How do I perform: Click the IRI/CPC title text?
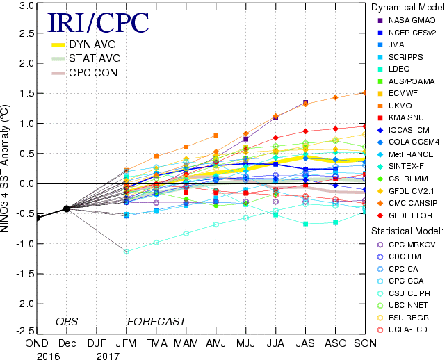coord(97,24)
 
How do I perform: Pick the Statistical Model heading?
coord(405,230)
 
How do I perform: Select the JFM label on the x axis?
coord(126,343)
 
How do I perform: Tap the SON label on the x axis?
coord(366,343)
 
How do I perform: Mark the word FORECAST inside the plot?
coord(156,322)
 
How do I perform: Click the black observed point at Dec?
coord(66,208)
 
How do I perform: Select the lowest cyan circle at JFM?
coord(126,251)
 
